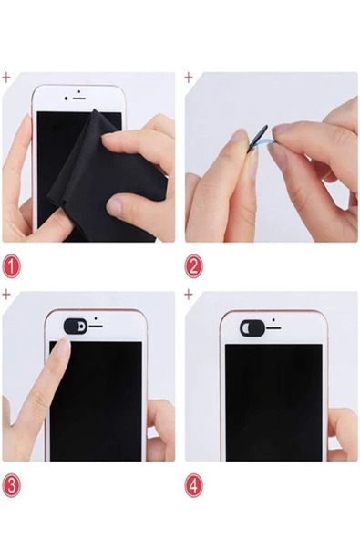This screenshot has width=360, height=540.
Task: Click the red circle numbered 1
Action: click(11, 266)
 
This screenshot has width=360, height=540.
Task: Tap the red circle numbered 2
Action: click(193, 266)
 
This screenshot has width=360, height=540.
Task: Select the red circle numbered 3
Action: click(11, 485)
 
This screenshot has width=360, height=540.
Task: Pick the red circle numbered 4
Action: click(193, 485)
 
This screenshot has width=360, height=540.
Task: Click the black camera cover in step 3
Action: click(76, 327)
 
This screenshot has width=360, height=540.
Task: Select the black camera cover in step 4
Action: click(252, 327)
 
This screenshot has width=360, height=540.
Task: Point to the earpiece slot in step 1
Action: click(79, 99)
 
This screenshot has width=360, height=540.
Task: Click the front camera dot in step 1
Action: click(67, 99)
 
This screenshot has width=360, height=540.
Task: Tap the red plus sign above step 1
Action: click(6, 78)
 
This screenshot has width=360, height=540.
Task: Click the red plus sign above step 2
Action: click(189, 78)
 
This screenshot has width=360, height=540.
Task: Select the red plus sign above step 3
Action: click(6, 295)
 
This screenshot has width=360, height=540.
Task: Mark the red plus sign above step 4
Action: click(189, 295)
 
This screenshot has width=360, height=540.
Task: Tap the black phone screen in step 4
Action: click(274, 402)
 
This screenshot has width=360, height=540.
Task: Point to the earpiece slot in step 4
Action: click(273, 328)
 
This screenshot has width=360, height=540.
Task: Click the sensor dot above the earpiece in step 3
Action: click(96, 318)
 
